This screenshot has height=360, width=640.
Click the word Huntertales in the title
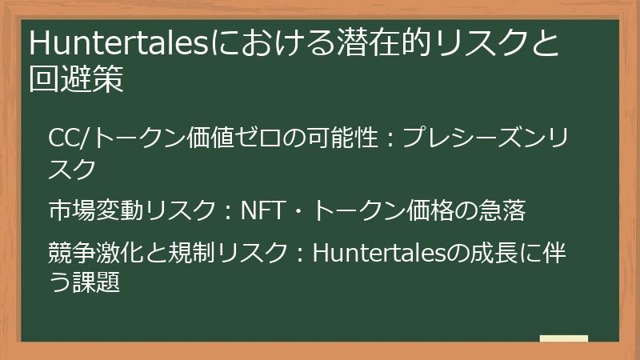[117, 44]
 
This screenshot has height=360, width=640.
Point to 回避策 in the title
[76, 81]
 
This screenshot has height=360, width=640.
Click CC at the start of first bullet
[63, 138]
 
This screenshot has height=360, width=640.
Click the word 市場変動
[96, 211]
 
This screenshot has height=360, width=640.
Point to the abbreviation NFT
[265, 211]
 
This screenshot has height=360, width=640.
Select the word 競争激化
[96, 252]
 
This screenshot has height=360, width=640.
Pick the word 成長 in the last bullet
[490, 252]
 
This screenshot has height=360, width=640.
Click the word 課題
[96, 282]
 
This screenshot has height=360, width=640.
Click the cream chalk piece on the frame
[563, 339]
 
